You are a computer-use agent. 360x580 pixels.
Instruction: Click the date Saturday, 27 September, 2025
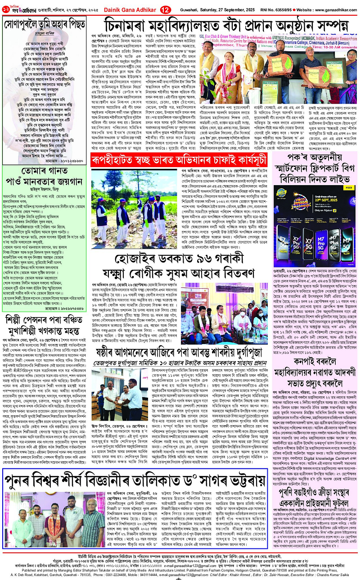click(x=202, y=8)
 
